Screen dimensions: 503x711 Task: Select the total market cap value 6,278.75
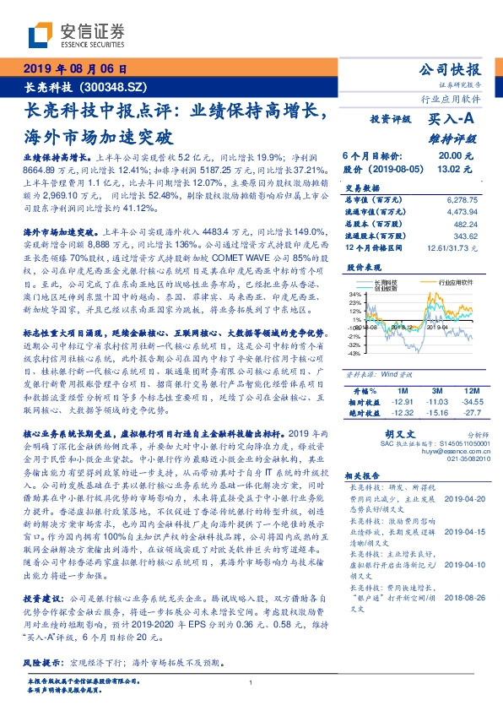pyautogui.click(x=453, y=199)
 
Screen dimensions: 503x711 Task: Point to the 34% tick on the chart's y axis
pyautogui.click(x=355, y=295)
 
